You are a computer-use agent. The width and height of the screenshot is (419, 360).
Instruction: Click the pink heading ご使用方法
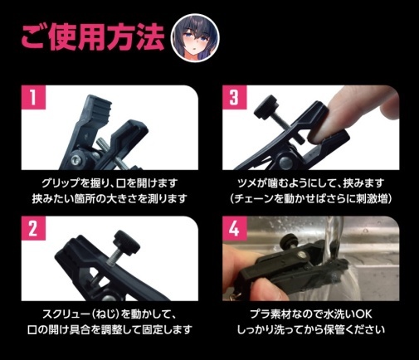tap(93, 37)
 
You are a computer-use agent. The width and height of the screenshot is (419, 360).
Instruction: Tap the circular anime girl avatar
tap(195, 37)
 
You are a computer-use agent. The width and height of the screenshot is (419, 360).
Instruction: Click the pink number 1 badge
tap(33, 97)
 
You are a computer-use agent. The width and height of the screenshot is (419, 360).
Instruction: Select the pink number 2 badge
tap(33, 228)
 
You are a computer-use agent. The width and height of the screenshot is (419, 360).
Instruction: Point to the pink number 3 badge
tap(235, 97)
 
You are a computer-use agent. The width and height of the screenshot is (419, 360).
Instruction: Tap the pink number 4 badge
tap(235, 228)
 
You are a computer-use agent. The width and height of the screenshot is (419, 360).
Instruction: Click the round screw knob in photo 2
tap(126, 240)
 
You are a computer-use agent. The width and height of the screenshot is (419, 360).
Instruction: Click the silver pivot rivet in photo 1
tap(76, 159)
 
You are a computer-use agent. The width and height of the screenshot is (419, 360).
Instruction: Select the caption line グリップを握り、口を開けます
tap(110, 183)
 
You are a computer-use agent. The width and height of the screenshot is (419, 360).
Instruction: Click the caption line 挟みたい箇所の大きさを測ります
tap(110, 198)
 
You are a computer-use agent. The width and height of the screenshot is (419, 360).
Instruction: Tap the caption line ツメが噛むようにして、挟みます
tap(311, 183)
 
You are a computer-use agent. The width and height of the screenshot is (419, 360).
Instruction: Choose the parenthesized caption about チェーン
tap(311, 198)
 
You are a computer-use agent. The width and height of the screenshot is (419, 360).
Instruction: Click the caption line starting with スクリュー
tap(110, 314)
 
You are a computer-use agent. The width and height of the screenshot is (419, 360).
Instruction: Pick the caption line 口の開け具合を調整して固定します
tap(110, 329)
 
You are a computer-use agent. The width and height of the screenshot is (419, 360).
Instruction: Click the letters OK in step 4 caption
tap(363, 314)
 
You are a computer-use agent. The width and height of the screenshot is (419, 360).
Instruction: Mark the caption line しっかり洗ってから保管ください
tap(311, 329)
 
